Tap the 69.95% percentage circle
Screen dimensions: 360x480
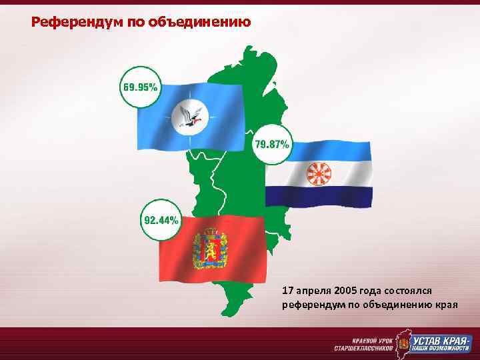140,87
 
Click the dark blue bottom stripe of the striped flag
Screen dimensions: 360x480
318,196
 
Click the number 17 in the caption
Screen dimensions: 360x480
287,291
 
